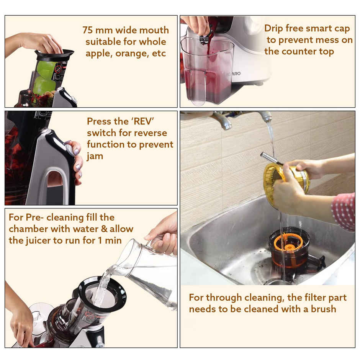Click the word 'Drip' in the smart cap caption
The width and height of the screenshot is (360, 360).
pos(275,28)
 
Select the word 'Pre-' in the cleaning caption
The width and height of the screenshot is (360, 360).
pos(39,218)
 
